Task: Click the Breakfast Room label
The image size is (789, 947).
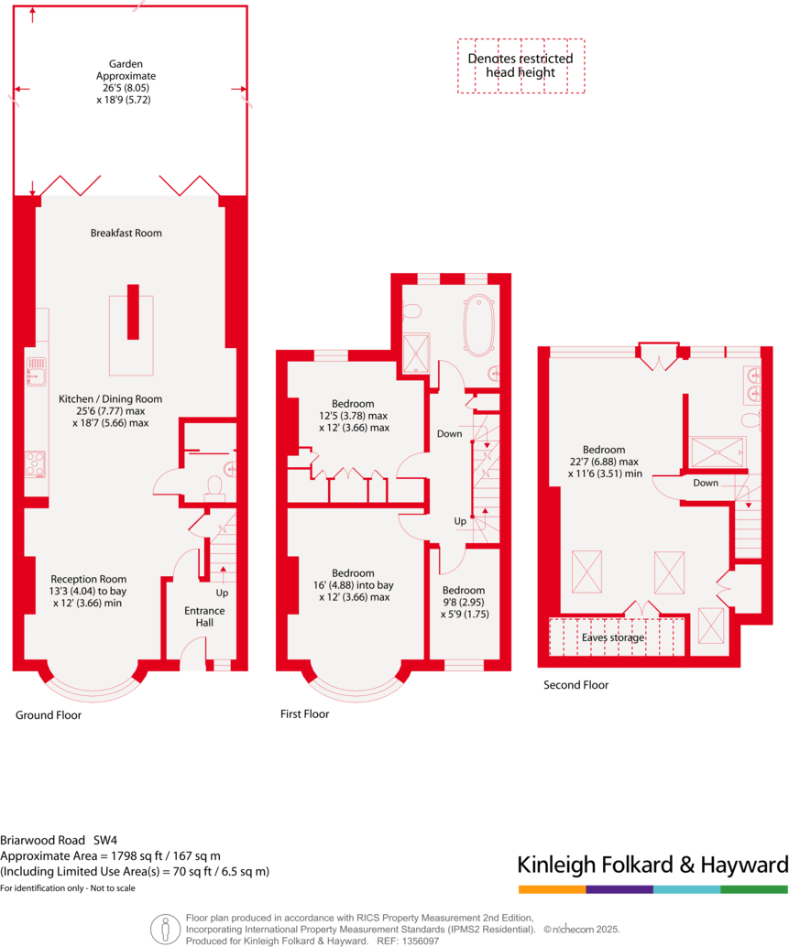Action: [126, 234]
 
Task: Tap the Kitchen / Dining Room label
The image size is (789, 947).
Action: [110, 399]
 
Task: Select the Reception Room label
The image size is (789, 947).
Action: [89, 579]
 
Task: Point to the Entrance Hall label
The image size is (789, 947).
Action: [204, 617]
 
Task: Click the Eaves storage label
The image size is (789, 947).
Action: [613, 637]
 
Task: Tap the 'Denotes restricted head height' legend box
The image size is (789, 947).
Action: [521, 65]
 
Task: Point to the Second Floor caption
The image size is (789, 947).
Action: [575, 685]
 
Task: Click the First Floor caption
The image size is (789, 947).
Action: [304, 714]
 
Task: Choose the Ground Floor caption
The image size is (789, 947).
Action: [49, 715]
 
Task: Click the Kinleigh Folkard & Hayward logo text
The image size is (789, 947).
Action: [652, 865]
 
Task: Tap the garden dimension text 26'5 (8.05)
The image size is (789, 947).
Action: [127, 88]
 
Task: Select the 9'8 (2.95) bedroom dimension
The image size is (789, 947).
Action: [464, 603]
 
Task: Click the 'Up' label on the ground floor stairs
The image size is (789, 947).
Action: [222, 593]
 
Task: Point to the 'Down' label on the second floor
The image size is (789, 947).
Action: [706, 483]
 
